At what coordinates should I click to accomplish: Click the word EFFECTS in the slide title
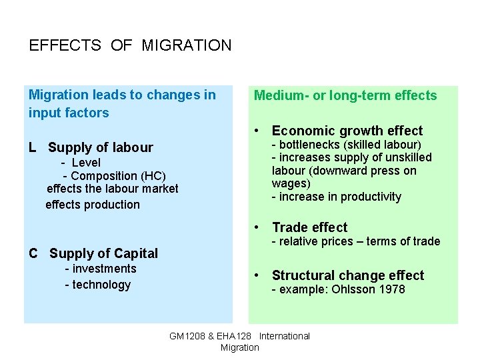pyautogui.click(x=65, y=46)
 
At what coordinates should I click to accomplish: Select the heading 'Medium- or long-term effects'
pyautogui.click(x=345, y=95)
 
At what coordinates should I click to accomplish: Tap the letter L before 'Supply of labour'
pyautogui.click(x=33, y=147)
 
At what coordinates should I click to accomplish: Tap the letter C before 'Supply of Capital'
pyautogui.click(x=33, y=253)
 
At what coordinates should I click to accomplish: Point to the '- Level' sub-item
pyautogui.click(x=81, y=163)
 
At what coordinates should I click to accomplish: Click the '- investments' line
pyautogui.click(x=100, y=269)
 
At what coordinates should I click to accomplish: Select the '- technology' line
pyautogui.click(x=97, y=285)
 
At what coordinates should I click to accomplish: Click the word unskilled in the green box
pyautogui.click(x=408, y=157)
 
